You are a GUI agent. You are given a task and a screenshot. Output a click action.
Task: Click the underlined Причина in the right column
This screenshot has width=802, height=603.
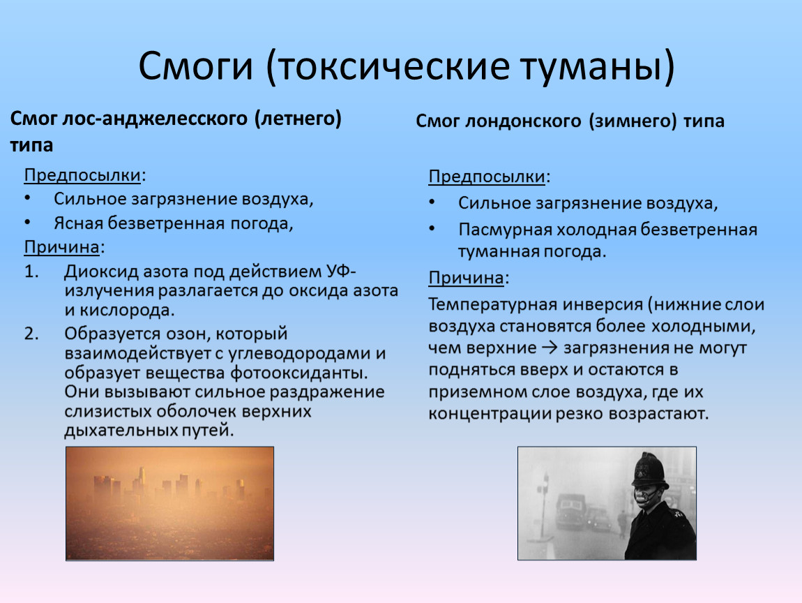(466, 278)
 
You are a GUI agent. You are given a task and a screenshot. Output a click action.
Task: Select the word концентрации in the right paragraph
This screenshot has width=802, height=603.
(489, 414)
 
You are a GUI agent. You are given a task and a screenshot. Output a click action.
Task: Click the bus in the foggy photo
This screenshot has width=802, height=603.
(570, 512)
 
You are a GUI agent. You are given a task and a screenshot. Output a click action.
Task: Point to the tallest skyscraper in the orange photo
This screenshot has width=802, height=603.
(142, 482)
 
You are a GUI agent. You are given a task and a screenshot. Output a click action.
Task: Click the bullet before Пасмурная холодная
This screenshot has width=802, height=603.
(432, 229)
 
